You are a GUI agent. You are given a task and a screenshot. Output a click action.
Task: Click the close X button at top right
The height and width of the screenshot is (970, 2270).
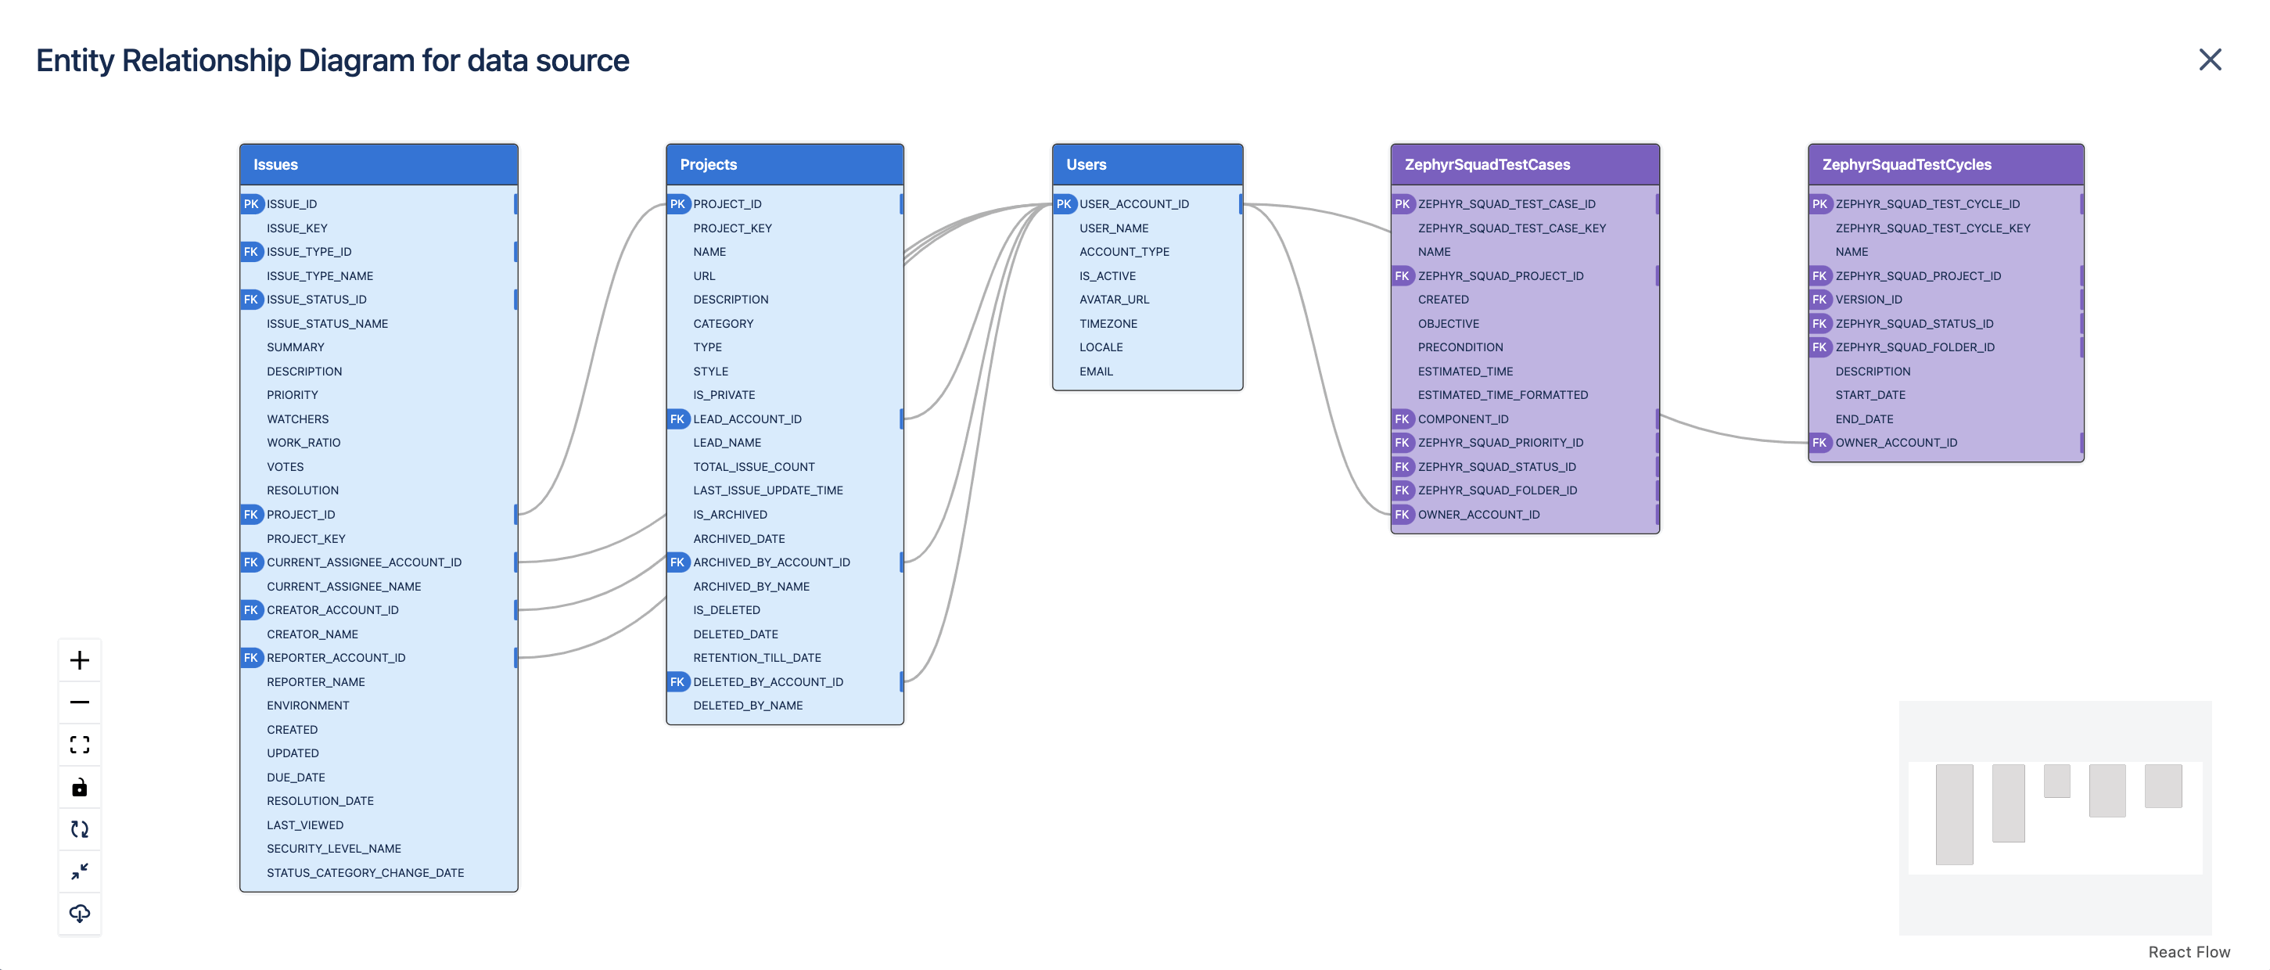tap(2209, 60)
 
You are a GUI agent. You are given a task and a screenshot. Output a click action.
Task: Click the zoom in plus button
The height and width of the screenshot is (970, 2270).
tap(79, 660)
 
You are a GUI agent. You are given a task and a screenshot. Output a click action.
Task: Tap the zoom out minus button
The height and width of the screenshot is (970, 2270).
tap(79, 702)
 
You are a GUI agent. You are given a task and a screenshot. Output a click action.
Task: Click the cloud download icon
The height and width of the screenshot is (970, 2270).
tap(79, 914)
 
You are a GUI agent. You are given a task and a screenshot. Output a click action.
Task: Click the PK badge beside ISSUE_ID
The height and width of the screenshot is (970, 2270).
tap(251, 203)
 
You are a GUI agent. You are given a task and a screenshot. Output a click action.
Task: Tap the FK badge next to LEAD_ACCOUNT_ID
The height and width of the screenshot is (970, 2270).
tap(677, 419)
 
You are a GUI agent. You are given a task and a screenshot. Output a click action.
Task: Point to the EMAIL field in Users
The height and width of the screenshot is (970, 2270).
tap(1095, 372)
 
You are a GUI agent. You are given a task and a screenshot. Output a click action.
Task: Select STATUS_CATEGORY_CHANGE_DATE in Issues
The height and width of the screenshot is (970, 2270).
tap(365, 873)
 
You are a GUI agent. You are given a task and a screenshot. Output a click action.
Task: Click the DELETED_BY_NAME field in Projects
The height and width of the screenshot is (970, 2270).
tap(747, 706)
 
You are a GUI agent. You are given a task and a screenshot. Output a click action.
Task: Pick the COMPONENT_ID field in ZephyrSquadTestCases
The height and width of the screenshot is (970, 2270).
tap(1462, 419)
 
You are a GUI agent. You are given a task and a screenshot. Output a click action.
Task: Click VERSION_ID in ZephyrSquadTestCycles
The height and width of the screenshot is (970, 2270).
tap(1868, 300)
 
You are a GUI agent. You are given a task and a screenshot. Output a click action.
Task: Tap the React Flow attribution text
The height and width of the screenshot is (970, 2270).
tap(2188, 951)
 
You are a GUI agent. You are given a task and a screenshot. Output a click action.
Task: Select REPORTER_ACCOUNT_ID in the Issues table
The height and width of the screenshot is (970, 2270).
tap(336, 658)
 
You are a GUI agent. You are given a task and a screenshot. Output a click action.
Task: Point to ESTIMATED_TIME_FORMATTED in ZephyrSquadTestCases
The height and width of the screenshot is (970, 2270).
tap(1503, 396)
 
